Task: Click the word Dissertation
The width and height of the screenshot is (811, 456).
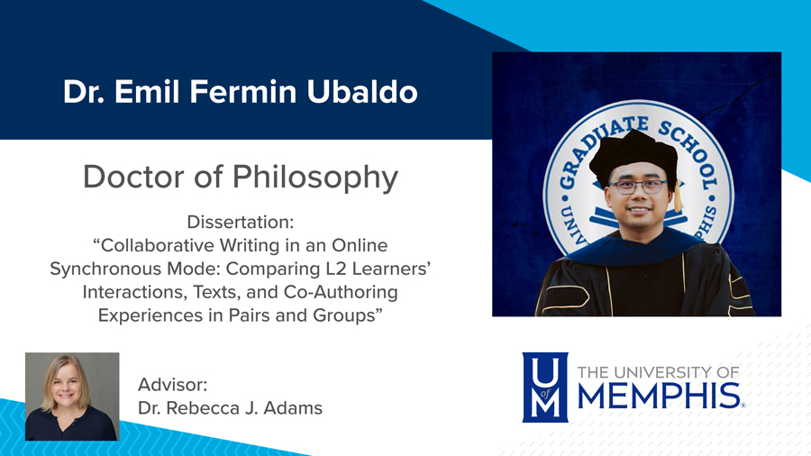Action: click(241, 222)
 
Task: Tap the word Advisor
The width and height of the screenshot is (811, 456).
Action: click(173, 385)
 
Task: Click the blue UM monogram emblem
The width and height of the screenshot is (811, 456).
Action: click(546, 387)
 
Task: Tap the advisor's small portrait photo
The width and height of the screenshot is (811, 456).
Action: click(72, 397)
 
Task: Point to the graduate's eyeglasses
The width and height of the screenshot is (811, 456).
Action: click(638, 187)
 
